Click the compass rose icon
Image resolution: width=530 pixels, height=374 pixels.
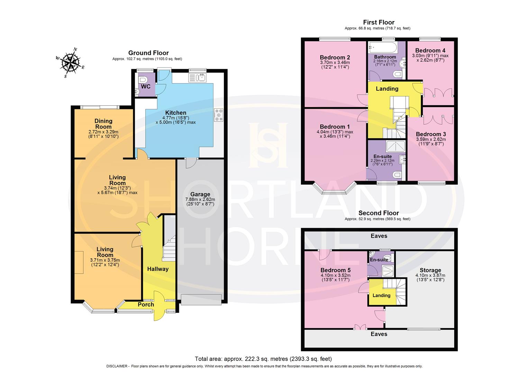click(71, 63)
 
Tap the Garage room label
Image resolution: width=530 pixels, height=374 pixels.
click(200, 194)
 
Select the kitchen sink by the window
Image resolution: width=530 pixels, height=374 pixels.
click(198, 78)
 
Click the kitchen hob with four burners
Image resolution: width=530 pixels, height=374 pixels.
click(219, 115)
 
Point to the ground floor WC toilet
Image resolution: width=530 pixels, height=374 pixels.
click(140, 80)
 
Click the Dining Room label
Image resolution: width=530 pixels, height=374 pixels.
click(103, 124)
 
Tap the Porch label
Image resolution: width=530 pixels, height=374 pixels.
click(146, 304)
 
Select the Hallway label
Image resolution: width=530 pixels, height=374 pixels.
click(158, 269)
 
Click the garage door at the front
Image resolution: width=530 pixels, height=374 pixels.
click(201, 300)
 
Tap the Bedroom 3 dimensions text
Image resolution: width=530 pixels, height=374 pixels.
click(431, 142)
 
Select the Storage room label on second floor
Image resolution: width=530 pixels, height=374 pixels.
click(430, 270)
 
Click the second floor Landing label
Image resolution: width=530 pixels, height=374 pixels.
click(381, 295)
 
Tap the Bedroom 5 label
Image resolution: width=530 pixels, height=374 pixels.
click(335, 270)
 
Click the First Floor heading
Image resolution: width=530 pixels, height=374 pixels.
click(378, 23)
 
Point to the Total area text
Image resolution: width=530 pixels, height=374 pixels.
click(263, 359)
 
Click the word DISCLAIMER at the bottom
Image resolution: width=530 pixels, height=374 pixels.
click(116, 366)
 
